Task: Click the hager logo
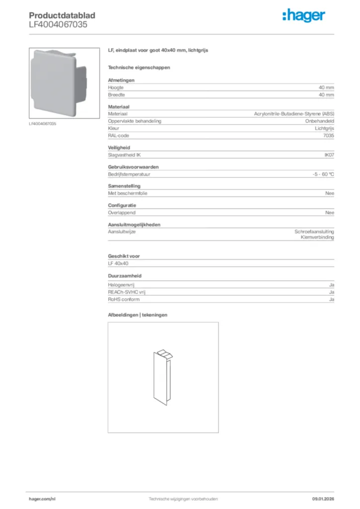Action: [304, 16]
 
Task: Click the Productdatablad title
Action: [62, 15]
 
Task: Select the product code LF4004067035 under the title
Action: [58, 24]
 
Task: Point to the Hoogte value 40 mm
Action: [326, 87]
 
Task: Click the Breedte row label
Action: [116, 94]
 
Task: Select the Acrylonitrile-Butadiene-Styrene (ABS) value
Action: [294, 114]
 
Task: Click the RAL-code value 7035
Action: [328, 135]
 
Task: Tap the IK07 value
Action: [329, 155]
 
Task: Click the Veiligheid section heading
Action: [119, 148]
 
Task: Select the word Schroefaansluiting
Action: [314, 232]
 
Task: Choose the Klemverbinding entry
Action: [317, 238]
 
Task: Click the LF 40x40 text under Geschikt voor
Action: [118, 263]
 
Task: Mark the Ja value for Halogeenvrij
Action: [331, 285]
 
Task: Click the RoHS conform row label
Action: [124, 299]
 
